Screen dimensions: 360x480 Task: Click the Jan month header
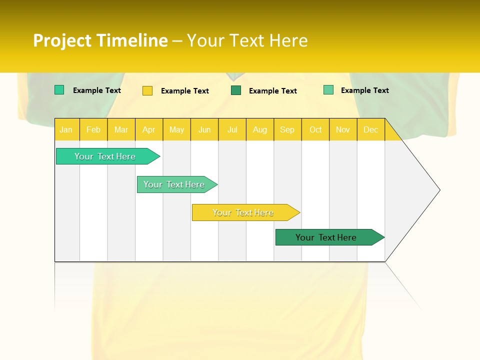tap(66, 129)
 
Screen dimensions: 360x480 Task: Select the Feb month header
tap(93, 129)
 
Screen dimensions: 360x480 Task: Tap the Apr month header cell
tap(149, 129)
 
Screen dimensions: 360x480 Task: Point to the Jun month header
tap(204, 129)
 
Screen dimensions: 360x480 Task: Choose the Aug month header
tap(260, 129)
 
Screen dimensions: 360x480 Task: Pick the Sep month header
tap(287, 129)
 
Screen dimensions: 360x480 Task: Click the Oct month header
tap(315, 129)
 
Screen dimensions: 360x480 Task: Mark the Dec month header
tap(371, 129)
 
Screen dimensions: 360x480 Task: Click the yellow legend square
tap(147, 90)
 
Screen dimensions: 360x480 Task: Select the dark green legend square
tap(236, 90)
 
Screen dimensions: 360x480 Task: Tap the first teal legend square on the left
tap(59, 90)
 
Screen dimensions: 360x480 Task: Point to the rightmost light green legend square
tap(328, 90)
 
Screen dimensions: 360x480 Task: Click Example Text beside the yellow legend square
tap(185, 91)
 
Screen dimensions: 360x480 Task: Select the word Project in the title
tap(62, 40)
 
